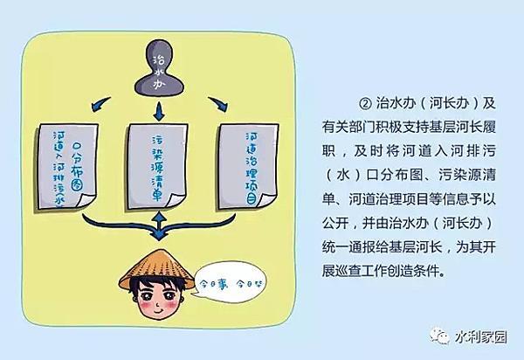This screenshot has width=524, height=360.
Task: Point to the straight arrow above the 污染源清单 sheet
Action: (158, 109)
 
